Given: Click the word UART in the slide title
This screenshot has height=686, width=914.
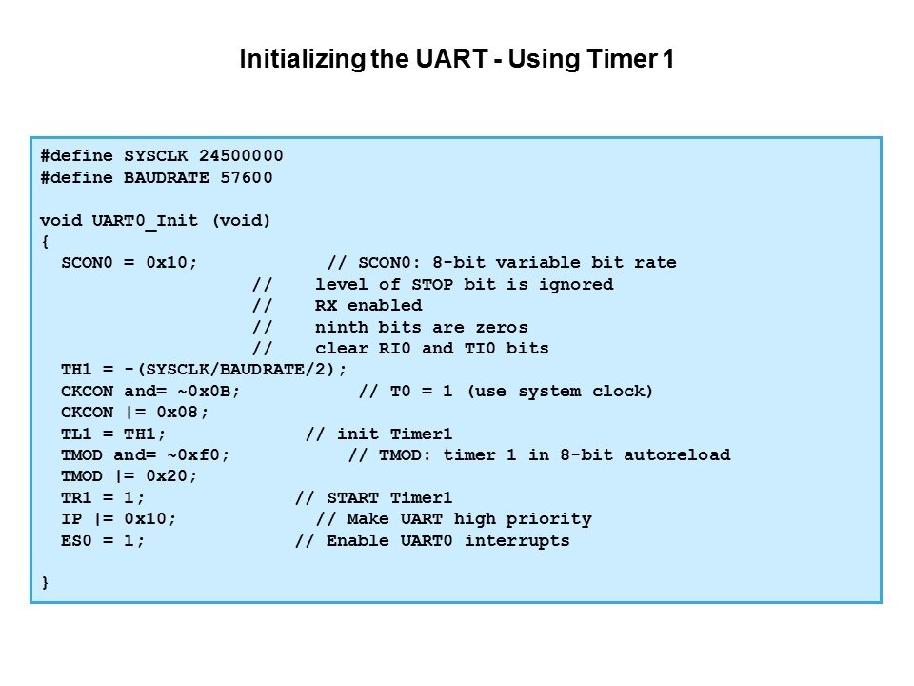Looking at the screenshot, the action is tap(451, 59).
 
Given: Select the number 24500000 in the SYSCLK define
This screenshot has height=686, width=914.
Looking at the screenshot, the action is tap(241, 155).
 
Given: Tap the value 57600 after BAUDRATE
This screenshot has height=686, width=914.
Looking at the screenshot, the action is tap(246, 177).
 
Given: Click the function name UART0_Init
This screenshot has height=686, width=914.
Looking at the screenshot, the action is tap(145, 221).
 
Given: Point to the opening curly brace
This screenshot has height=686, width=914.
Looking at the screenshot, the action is tap(45, 241).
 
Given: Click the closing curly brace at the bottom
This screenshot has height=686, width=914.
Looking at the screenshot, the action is tap(45, 582).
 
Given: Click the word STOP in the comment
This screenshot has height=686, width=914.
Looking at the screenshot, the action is tap(432, 284).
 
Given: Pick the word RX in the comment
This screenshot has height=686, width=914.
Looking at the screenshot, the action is tap(326, 305).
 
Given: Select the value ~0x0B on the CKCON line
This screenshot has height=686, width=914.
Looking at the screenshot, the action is tap(204, 391).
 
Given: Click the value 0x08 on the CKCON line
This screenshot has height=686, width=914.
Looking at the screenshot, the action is tap(177, 412).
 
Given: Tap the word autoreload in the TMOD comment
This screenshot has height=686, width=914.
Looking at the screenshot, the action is tap(677, 454).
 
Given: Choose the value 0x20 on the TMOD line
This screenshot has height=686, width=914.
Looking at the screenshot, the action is tap(167, 476).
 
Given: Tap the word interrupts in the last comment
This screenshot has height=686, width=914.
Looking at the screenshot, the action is tap(517, 541).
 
